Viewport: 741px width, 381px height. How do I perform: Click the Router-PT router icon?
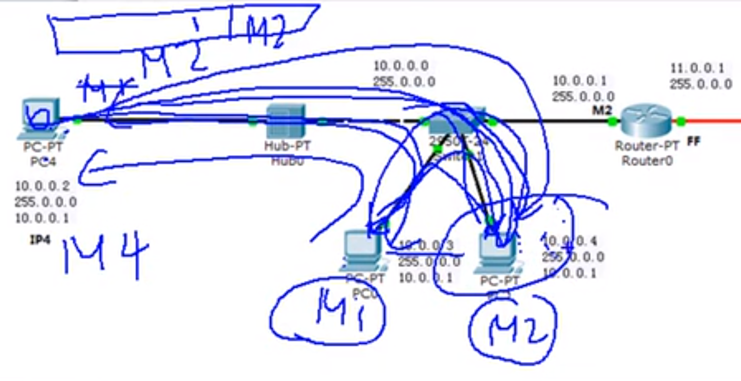647,121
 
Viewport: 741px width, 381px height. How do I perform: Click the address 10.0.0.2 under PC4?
42,186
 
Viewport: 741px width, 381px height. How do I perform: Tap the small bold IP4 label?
40,240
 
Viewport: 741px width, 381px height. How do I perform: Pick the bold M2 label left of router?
601,110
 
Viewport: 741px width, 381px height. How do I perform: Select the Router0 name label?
647,161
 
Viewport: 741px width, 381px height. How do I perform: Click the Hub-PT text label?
287,146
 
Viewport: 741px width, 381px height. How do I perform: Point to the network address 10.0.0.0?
401,66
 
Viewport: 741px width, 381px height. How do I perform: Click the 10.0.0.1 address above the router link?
579,81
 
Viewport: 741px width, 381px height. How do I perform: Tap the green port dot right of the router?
681,122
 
